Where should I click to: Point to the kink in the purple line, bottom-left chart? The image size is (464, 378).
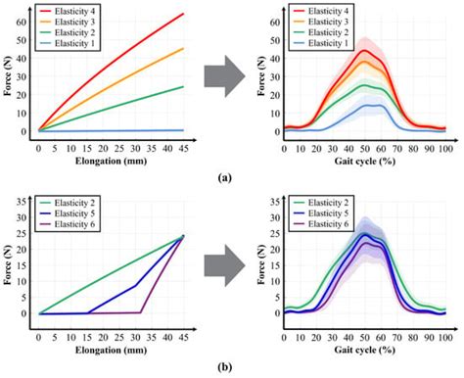point(141,312)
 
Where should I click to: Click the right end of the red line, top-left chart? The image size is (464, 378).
point(183,14)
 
